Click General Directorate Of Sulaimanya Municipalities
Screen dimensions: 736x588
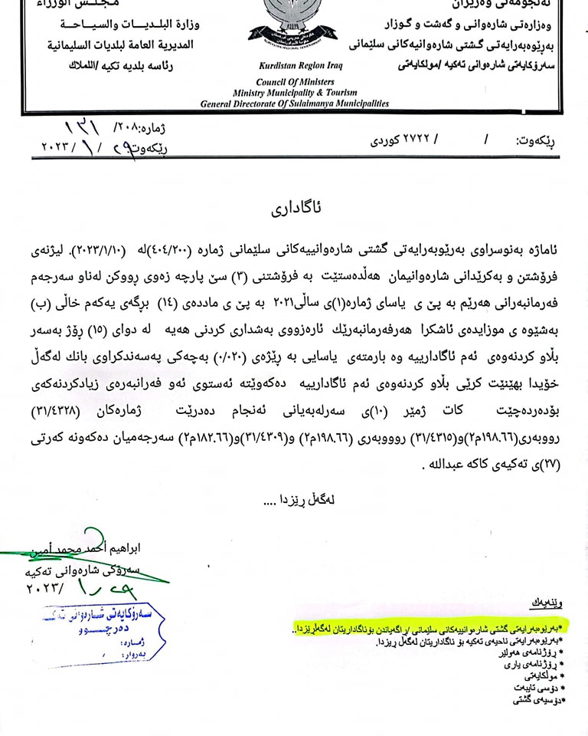(295, 102)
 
